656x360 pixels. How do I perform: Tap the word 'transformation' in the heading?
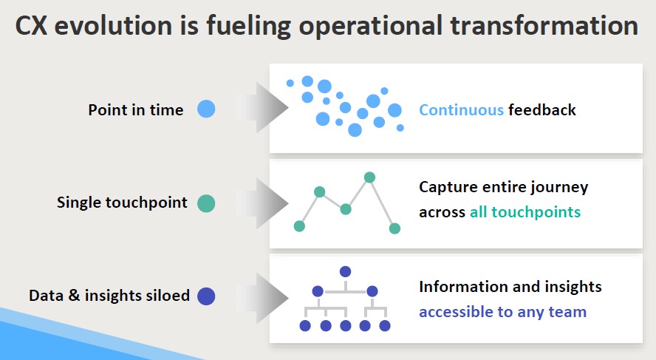(x=544, y=26)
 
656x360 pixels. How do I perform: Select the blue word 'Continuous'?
(x=461, y=110)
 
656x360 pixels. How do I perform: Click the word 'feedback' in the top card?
(x=541, y=109)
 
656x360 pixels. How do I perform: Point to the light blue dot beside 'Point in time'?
(x=206, y=109)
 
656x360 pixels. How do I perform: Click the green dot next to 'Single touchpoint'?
(x=206, y=203)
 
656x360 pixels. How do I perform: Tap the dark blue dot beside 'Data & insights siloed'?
(x=206, y=296)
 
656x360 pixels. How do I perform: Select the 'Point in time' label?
(x=135, y=109)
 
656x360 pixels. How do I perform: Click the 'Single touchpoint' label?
(x=122, y=203)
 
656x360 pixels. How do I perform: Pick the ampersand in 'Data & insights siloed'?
(x=74, y=295)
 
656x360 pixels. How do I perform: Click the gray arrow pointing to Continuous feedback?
(x=262, y=108)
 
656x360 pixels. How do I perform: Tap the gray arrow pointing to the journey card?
(x=262, y=203)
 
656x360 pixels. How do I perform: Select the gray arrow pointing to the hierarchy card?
(x=262, y=298)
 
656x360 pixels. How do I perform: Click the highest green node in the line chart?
(x=369, y=177)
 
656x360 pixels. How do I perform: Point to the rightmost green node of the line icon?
(x=394, y=228)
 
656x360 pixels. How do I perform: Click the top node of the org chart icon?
(x=345, y=272)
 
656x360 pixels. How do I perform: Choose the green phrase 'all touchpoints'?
(x=525, y=212)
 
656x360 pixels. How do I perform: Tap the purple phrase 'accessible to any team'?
(x=502, y=312)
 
